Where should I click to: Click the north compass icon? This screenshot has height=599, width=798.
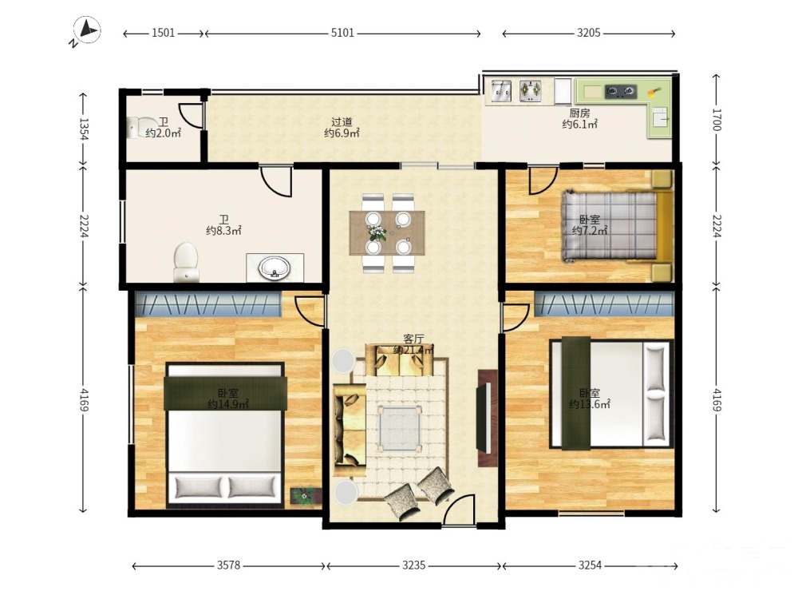pos(87,30)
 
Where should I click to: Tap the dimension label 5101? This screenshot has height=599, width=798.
pos(342,33)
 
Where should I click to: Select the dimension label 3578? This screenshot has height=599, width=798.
pos(228,565)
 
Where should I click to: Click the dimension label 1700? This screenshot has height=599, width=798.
pos(716,121)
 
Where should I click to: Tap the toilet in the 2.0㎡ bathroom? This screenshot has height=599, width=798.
pos(142,127)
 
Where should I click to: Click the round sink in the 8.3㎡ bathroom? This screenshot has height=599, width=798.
pos(274,268)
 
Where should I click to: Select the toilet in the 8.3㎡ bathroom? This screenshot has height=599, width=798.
pos(186,262)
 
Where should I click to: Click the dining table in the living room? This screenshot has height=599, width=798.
pos(387,233)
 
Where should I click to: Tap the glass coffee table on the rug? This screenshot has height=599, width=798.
pos(400,428)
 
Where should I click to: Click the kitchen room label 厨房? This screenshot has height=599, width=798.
pos(579,113)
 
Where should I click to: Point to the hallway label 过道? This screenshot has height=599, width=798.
pos(342,122)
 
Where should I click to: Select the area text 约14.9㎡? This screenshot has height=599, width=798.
pos(227,404)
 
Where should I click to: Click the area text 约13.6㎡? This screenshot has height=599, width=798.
pos(590,404)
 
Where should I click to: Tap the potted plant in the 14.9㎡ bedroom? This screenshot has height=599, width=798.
pos(306,495)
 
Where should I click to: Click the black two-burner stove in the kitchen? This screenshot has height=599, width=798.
pos(620,92)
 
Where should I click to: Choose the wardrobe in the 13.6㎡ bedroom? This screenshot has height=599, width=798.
pos(603,304)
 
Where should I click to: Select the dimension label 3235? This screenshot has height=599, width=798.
pos(414,565)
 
